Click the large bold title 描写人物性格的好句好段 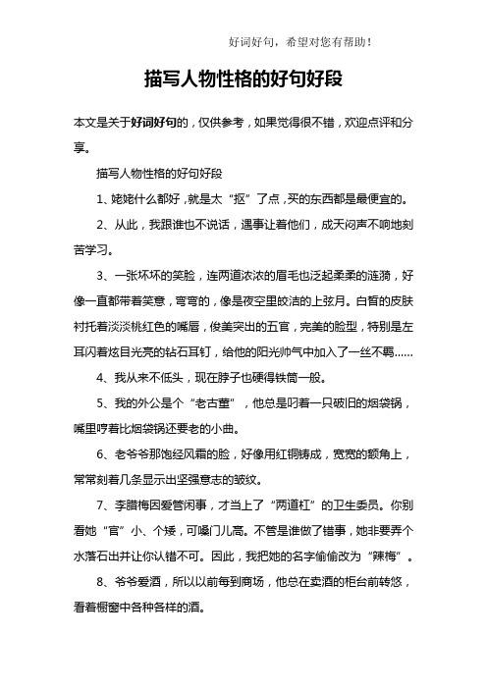click(243, 78)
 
